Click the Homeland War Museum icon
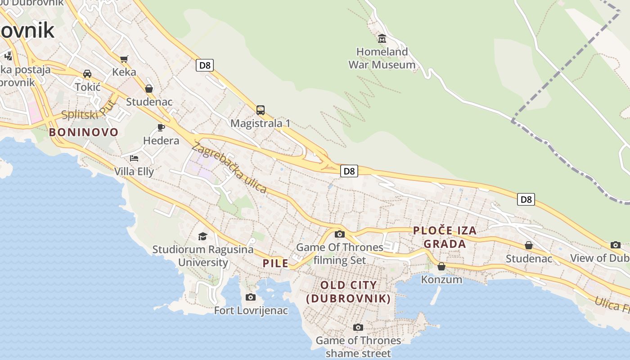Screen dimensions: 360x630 [382, 38]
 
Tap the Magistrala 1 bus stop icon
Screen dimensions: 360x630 [260, 110]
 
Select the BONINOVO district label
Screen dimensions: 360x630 [84, 132]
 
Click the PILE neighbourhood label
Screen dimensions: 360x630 [275, 263]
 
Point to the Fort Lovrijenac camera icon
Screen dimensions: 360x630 [251, 297]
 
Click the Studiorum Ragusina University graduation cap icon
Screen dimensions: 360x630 [203, 236]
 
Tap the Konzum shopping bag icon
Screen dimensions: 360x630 [441, 266]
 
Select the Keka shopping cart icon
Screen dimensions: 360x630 [124, 59]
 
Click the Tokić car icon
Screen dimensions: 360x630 [87, 74]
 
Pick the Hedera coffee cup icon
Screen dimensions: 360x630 [161, 127]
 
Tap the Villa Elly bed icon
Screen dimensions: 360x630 [134, 158]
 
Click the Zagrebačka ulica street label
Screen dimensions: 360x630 [229, 168]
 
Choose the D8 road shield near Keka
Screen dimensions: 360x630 [205, 65]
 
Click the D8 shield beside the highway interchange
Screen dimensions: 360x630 [349, 171]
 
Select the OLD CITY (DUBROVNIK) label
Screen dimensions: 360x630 [348, 292]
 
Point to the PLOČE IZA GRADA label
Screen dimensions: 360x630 [445, 237]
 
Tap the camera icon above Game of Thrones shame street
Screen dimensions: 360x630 [358, 327]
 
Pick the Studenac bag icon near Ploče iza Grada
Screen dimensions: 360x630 [529, 245]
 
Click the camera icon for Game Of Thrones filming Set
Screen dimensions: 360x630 [340, 234]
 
